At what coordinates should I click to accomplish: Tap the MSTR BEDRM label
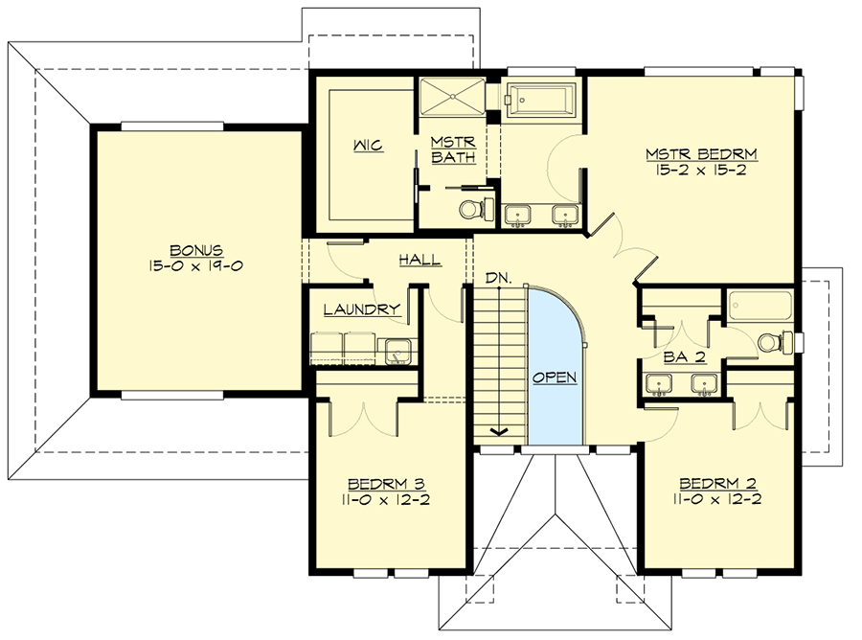pos(688,154)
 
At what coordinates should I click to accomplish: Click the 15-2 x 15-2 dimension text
pos(688,172)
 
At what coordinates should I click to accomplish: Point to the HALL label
pos(420,259)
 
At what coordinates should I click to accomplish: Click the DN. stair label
pos(498,278)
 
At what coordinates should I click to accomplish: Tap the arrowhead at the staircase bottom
pos(498,431)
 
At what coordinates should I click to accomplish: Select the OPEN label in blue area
pos(555,377)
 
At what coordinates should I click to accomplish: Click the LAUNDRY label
pos(361,309)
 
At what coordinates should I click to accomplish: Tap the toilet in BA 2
pos(772,342)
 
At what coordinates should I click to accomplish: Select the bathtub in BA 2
pos(760,308)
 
